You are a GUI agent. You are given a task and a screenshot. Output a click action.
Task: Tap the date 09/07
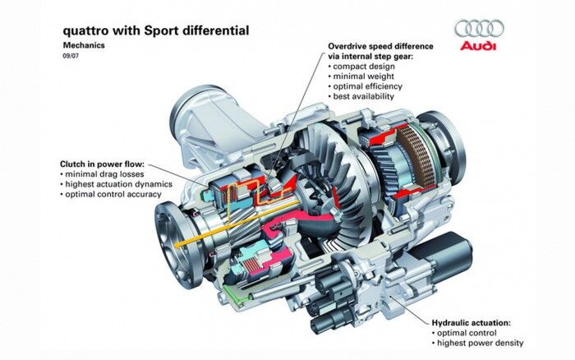tap(71, 57)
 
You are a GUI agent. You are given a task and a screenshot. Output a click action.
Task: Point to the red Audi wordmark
tap(477, 46)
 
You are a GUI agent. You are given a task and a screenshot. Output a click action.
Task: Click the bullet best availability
tap(366, 96)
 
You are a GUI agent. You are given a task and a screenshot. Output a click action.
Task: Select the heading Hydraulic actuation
tap(477, 324)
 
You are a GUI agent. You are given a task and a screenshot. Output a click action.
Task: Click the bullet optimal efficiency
tap(370, 85)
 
